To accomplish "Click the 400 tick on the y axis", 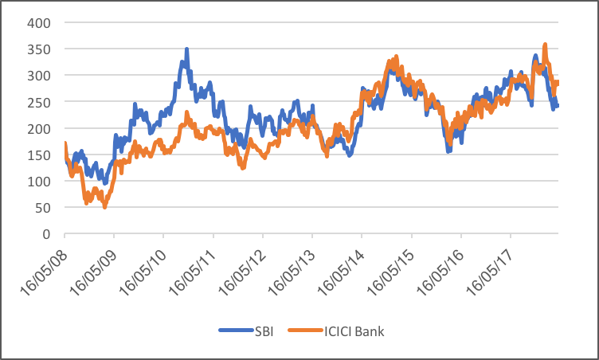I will (x=39, y=22).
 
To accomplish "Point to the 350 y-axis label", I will (x=39, y=49).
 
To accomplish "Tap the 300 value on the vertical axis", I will (x=39, y=75).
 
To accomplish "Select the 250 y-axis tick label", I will (x=39, y=102).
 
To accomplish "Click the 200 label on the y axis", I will (x=39, y=128).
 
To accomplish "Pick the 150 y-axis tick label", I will (x=39, y=155).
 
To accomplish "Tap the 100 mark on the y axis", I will (x=39, y=182).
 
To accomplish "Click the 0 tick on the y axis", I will (x=46, y=234).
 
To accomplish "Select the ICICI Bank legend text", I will (x=353, y=331).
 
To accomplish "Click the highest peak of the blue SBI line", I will (x=187, y=49).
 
